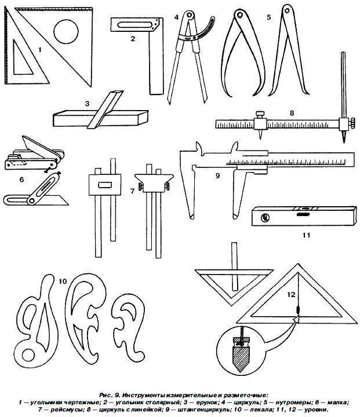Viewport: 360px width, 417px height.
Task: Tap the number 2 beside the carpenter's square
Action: (x=133, y=39)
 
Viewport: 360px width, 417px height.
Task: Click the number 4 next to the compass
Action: (x=176, y=18)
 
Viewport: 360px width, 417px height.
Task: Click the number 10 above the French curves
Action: (x=63, y=281)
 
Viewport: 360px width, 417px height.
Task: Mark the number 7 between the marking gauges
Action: (x=132, y=190)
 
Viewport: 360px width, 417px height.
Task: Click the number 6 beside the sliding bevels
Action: (x=21, y=180)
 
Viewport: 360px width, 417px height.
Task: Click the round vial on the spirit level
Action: (x=266, y=218)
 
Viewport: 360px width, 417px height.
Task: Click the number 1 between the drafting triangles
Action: (x=40, y=50)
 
